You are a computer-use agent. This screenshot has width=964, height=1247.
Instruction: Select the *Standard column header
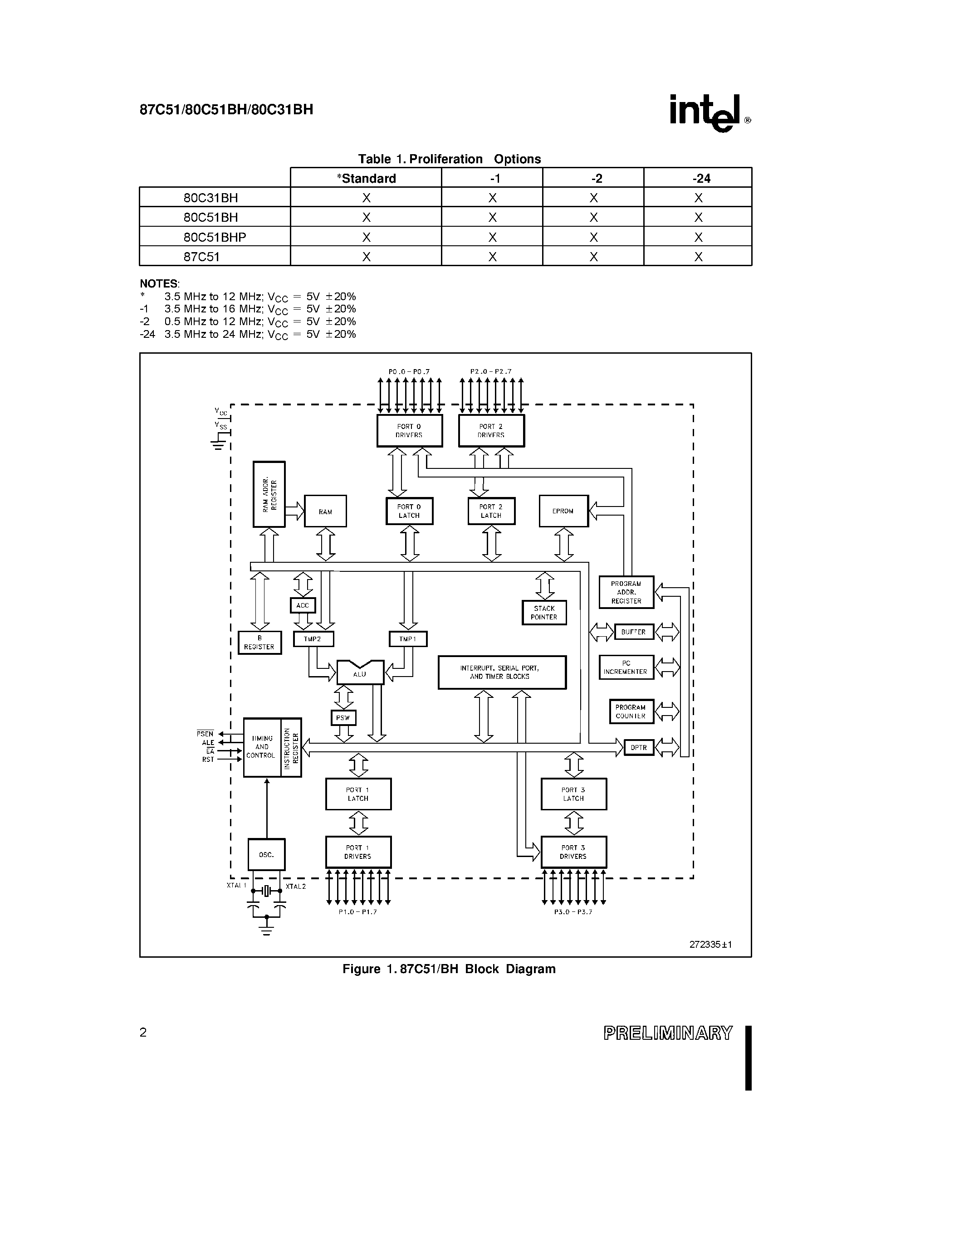coord(366,178)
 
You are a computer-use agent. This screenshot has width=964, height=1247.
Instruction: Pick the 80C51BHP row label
coord(215,237)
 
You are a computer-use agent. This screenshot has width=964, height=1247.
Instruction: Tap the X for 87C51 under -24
coord(698,257)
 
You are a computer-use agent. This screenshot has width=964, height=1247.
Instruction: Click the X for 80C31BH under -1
coord(492,198)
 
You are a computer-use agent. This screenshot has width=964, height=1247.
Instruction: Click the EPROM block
coord(563,511)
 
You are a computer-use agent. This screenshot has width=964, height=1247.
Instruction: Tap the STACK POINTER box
coord(543,613)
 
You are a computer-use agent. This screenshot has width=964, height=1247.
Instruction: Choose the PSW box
coord(343,718)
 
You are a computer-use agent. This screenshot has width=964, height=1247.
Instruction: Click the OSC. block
coord(266,855)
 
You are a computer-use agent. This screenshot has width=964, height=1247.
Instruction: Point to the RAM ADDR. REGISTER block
coord(269,494)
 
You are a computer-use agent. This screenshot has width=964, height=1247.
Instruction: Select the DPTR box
coord(638,747)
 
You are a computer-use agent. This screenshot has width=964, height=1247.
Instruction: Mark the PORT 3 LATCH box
coord(573,794)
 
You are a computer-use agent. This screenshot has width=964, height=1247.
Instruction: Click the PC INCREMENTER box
coord(626,667)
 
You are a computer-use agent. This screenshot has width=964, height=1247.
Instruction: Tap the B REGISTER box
coord(259,643)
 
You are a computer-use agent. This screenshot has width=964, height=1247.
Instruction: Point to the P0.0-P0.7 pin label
coord(409,372)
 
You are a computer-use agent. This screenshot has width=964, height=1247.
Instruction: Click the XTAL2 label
coord(296,887)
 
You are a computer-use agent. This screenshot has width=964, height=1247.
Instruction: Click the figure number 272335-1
coord(710,945)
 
